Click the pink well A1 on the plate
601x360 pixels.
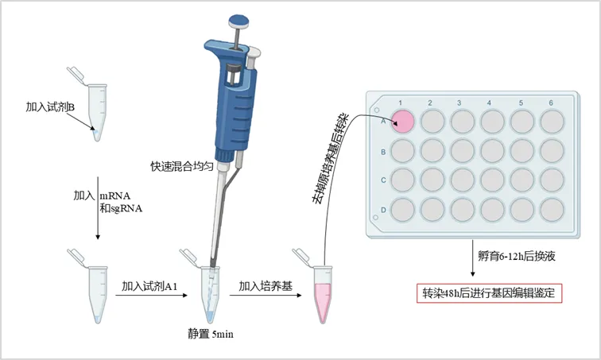(403, 122)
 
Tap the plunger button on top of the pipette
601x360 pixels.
(238, 21)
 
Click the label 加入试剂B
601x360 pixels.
(50, 107)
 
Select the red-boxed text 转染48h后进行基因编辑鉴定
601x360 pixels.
(489, 293)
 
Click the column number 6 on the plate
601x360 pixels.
(551, 103)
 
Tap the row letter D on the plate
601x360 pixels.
(383, 210)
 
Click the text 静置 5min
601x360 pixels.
(211, 334)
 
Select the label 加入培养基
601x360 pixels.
(266, 286)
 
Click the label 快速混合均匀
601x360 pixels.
(182, 167)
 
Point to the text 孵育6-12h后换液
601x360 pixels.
(517, 256)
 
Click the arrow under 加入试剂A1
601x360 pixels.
(151, 296)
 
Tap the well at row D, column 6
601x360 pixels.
(552, 210)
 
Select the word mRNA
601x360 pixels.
(115, 196)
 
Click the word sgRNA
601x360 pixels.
(126, 208)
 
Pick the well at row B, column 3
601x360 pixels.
(463, 150)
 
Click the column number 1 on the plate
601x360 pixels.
(400, 103)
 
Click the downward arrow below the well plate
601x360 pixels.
(472, 257)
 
